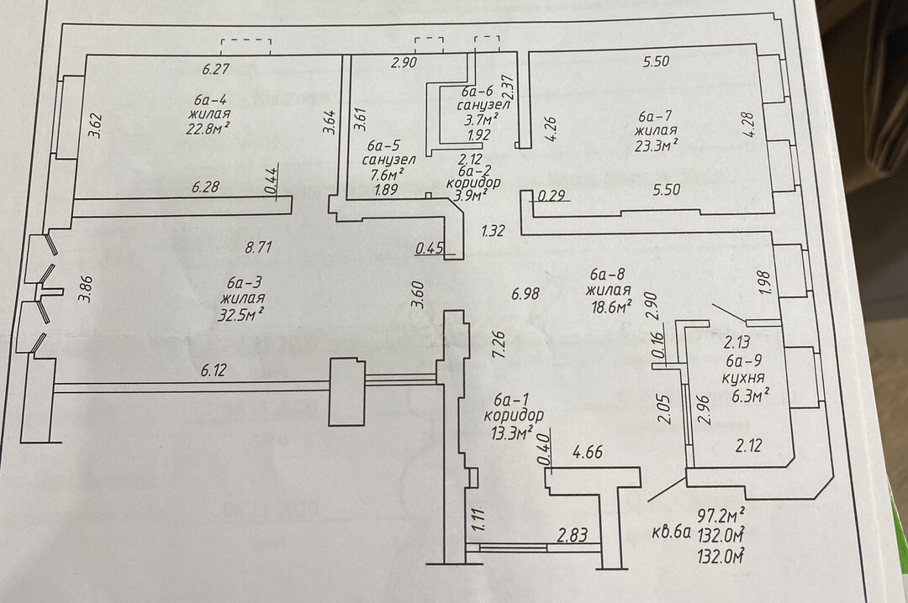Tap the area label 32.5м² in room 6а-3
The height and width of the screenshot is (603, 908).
[x=244, y=314]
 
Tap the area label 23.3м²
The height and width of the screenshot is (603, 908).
[x=657, y=144]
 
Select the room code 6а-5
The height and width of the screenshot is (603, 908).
[x=383, y=145]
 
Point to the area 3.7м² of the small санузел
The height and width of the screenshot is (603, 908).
[x=479, y=120]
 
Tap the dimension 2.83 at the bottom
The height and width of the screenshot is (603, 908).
[x=572, y=533]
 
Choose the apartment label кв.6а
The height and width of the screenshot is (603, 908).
[x=671, y=532]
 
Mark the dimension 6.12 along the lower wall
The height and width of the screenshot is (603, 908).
[x=216, y=370]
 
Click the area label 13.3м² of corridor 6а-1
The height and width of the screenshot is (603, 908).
[x=514, y=433]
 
